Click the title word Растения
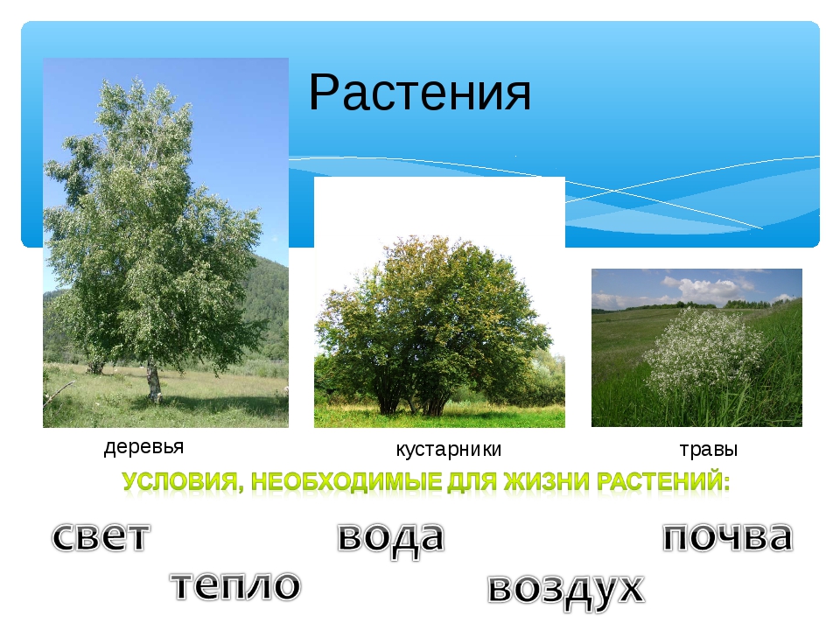(x=419, y=93)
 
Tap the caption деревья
(x=143, y=446)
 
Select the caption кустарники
(x=448, y=449)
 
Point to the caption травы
(x=708, y=449)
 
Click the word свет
(x=101, y=536)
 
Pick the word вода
(x=391, y=538)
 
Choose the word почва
(x=727, y=536)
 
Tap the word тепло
(x=235, y=585)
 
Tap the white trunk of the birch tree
(x=154, y=381)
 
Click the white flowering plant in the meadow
(x=703, y=350)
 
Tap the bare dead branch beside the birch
(x=58, y=390)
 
